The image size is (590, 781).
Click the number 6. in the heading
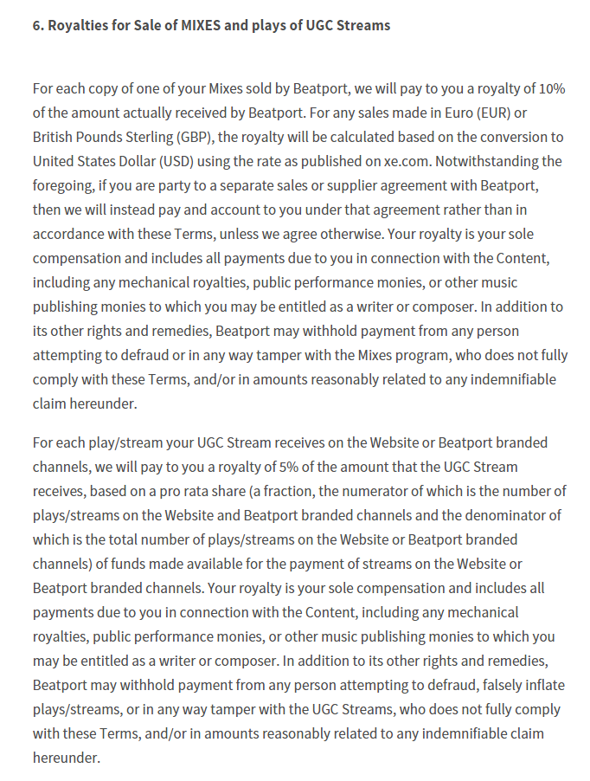coord(38,25)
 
